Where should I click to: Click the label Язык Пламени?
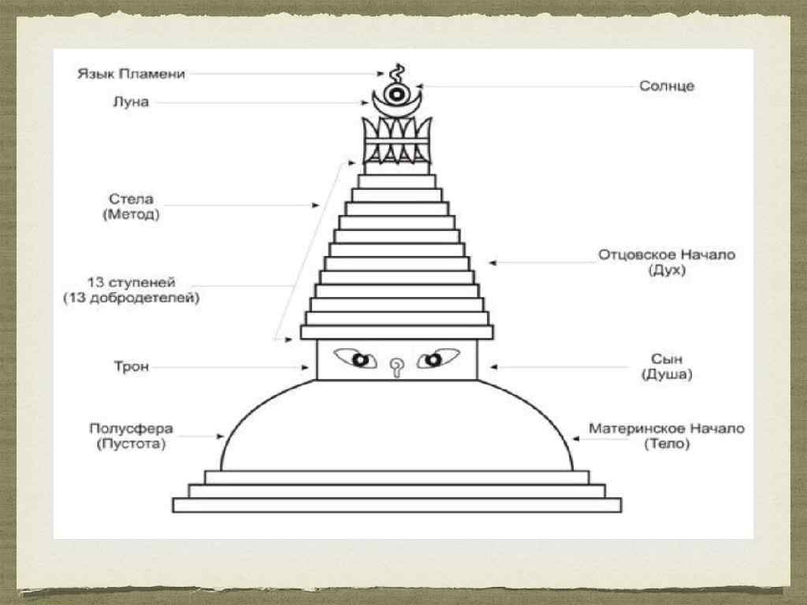point(131,74)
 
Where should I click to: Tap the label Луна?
point(130,102)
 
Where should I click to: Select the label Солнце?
point(667,86)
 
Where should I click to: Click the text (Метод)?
point(130,214)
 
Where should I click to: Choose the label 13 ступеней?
point(130,282)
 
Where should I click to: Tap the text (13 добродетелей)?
point(130,299)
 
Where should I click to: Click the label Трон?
point(131,366)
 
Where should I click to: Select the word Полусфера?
point(131,429)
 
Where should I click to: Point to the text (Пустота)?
point(131,444)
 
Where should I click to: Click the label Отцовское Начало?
point(667,254)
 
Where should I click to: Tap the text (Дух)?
point(667,270)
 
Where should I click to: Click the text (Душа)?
point(667,375)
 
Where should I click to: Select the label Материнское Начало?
point(667,429)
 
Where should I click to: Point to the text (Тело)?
point(667,444)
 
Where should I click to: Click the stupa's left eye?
point(360,361)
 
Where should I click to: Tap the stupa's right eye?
point(432,361)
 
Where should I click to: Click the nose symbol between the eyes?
point(396,365)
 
